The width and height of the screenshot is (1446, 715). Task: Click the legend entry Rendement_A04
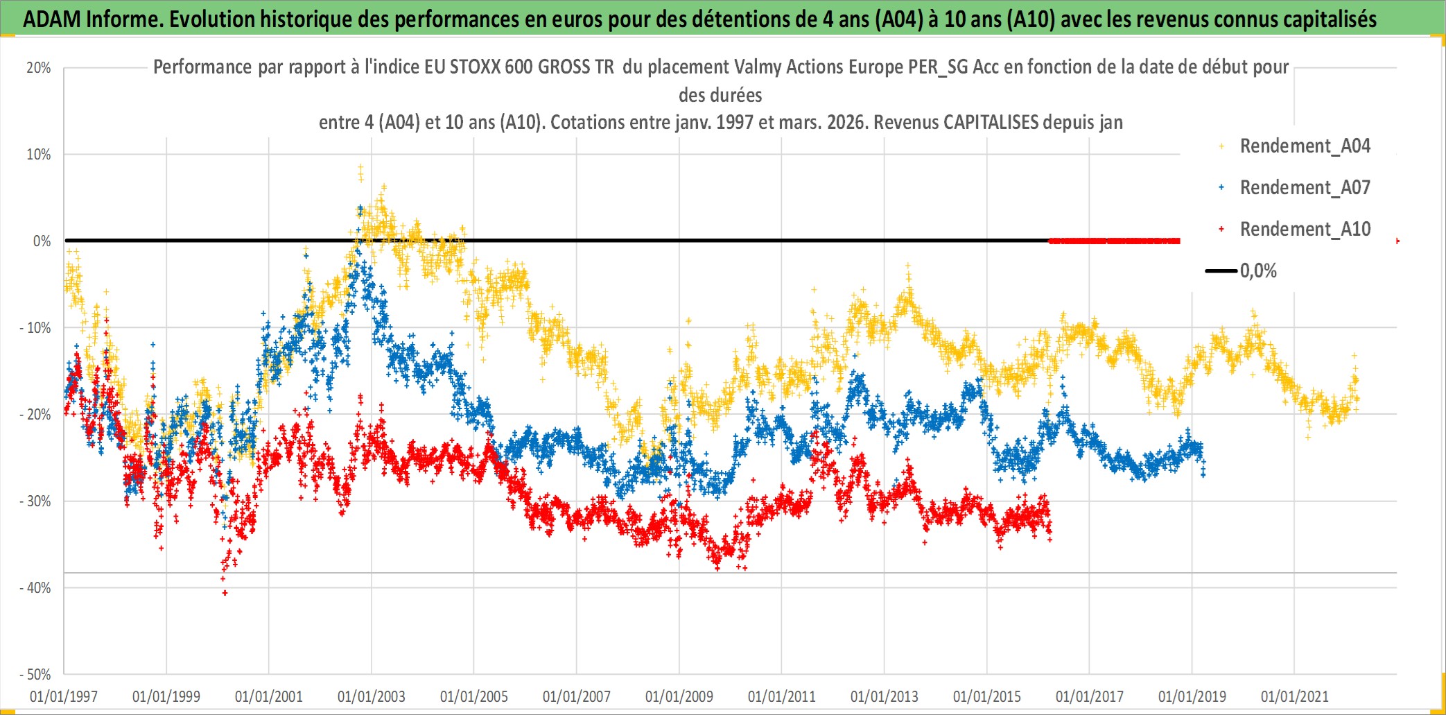[1305, 146]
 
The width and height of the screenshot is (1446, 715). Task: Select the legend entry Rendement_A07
[1305, 188]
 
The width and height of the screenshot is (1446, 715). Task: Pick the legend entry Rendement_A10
[1305, 230]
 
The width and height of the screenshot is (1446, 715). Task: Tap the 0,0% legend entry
[1257, 271]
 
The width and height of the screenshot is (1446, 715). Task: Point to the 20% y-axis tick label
[39, 68]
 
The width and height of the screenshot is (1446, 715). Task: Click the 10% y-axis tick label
[39, 155]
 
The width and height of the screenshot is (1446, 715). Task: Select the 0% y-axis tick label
[42, 241]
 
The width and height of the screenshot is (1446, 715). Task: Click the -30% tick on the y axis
[35, 501]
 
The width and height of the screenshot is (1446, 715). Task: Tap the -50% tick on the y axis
[35, 675]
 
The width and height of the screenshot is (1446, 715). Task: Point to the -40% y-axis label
[35, 588]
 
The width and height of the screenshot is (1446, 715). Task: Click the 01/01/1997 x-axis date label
[64, 696]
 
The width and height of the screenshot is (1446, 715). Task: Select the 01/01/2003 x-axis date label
[372, 696]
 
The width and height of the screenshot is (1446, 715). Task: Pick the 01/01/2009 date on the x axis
[679, 696]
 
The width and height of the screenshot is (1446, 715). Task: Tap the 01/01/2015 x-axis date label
[987, 696]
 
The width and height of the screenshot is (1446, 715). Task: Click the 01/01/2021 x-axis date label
[1295, 696]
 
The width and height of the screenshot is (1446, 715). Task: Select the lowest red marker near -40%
[225, 593]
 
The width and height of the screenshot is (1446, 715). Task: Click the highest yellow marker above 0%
[360, 167]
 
